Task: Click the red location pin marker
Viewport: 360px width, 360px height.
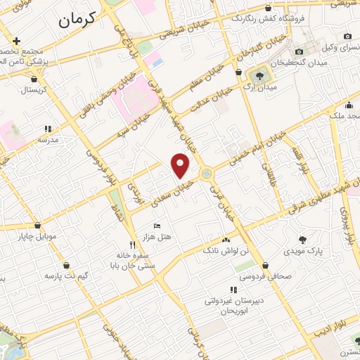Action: [x=181, y=165]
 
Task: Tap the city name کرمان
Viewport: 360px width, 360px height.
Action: [x=73, y=22]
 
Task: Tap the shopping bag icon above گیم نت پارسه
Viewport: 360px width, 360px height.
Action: [x=66, y=266]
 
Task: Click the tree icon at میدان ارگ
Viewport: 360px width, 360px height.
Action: [x=262, y=75]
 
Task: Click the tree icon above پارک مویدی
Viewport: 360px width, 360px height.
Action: [x=302, y=240]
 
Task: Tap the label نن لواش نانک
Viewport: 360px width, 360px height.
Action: [x=226, y=250]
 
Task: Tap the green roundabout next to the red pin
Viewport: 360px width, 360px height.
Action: [x=207, y=174]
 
